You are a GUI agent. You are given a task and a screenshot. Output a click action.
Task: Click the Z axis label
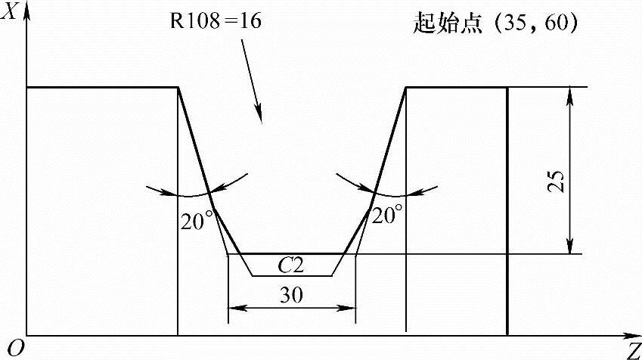click(632, 350)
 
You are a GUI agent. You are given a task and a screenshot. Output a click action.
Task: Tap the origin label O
click(10, 347)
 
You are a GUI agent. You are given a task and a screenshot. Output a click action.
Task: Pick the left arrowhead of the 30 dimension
click(234, 308)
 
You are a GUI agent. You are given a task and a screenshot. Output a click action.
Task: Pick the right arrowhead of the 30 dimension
click(349, 308)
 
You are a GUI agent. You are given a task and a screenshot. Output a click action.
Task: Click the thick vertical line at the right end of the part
click(507, 212)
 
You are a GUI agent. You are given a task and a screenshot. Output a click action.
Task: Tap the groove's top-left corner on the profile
click(178, 88)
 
